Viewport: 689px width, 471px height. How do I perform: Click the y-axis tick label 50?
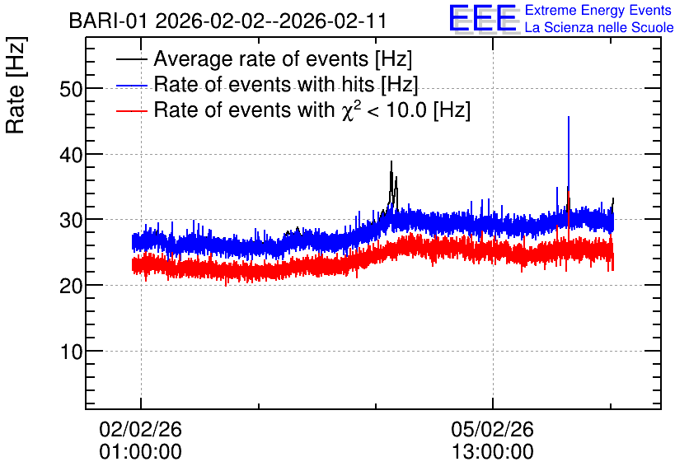71,89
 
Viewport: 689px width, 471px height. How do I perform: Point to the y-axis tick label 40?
71,155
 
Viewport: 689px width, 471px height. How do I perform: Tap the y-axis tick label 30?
71,221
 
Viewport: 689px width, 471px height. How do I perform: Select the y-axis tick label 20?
71,287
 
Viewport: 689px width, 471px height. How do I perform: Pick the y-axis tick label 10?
71,352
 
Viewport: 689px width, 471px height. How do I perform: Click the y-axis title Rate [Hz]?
16,85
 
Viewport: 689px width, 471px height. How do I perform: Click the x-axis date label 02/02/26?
141,429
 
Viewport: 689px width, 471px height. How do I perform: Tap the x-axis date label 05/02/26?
493,429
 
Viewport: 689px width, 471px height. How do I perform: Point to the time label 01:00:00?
141,452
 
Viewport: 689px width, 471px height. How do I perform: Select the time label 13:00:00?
493,452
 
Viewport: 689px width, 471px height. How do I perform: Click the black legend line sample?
132,58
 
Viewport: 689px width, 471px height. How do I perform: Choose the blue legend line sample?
132,85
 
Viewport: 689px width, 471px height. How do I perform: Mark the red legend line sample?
132,110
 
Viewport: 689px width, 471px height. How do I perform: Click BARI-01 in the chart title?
108,21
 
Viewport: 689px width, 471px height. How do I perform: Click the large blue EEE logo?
483,18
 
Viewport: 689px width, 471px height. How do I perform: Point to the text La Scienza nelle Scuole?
599,27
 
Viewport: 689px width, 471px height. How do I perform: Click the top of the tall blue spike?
569,117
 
